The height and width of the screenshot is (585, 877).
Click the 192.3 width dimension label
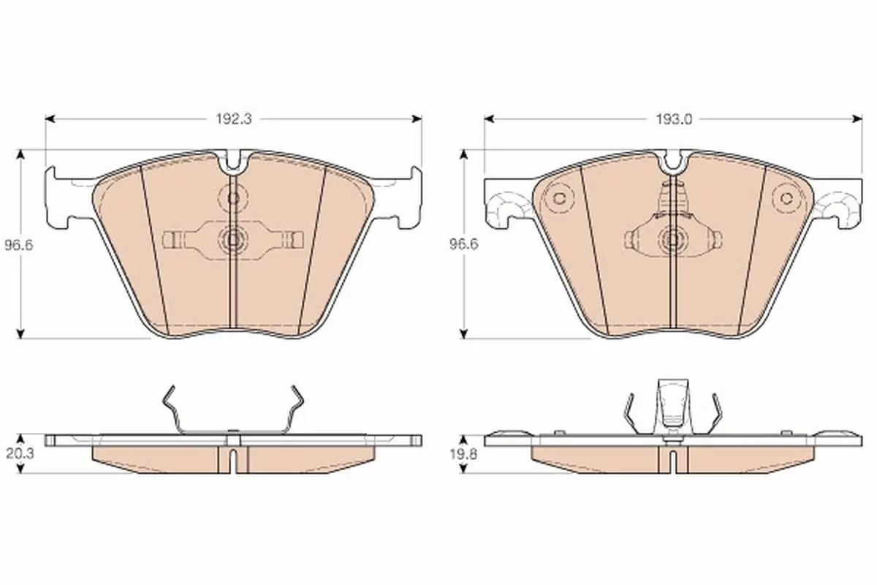(234, 118)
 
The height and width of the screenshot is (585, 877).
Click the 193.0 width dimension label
(674, 119)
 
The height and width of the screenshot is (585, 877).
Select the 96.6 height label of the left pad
(19, 245)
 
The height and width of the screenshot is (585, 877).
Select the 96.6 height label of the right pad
(463, 244)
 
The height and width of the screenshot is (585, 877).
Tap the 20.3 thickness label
(20, 453)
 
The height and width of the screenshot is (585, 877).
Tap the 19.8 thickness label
(463, 454)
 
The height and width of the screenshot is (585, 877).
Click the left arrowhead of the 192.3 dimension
(50, 118)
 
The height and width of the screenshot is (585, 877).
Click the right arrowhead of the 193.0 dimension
(857, 118)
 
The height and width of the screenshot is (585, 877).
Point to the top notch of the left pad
(234, 162)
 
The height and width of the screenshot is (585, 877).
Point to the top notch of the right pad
(673, 162)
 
